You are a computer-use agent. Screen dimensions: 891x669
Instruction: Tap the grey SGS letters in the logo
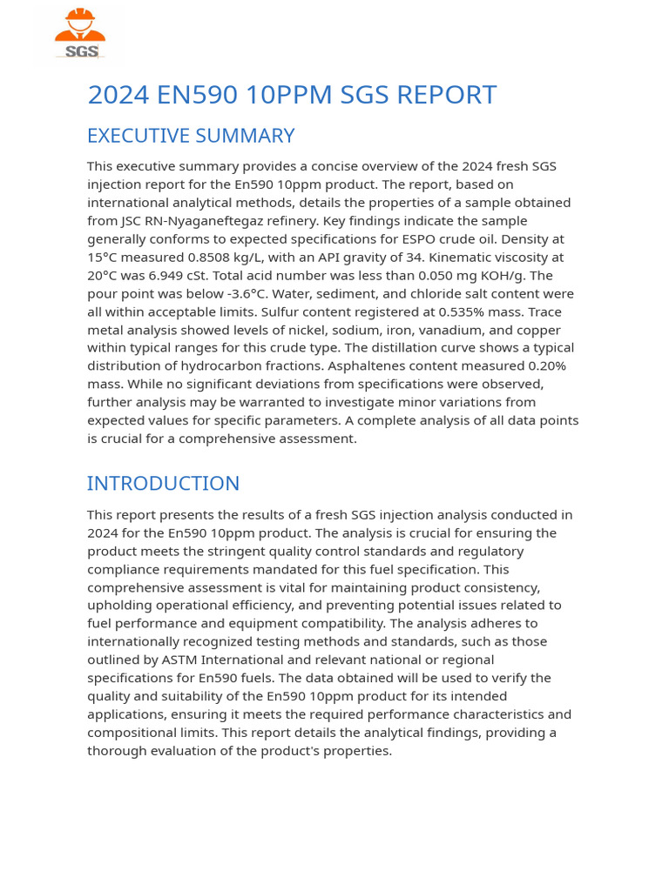(80, 51)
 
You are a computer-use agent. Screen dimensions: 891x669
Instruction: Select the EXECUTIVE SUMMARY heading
(191, 136)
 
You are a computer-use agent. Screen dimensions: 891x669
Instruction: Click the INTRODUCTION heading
(163, 483)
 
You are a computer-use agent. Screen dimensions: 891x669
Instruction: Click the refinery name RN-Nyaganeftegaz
(179, 221)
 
